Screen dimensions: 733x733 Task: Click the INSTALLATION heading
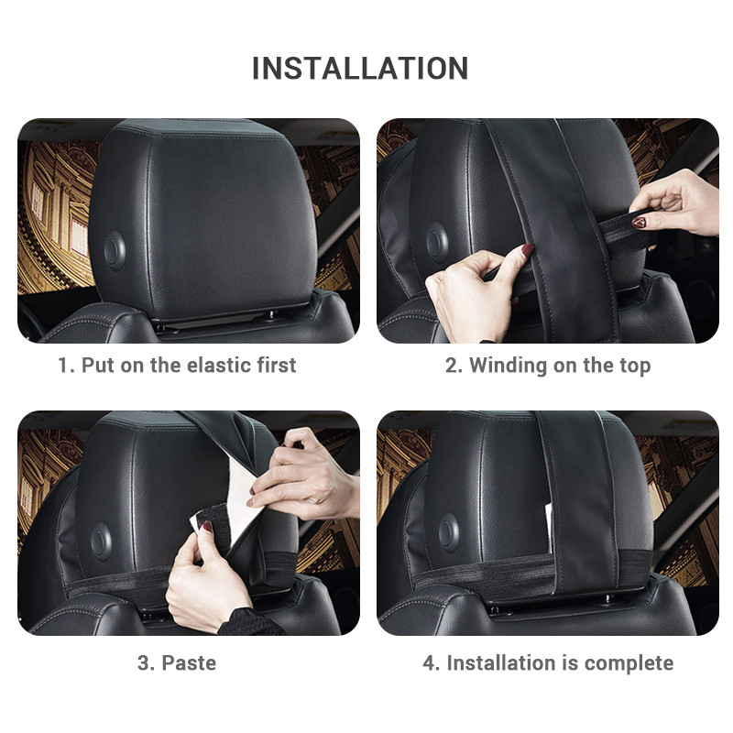click(x=359, y=68)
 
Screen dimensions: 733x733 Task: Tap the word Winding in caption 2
click(x=507, y=365)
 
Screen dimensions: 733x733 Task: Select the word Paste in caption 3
click(x=190, y=662)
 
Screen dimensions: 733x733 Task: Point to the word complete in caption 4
click(x=628, y=662)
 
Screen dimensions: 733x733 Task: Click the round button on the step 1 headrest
click(x=115, y=249)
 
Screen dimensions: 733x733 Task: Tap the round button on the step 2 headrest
click(x=437, y=241)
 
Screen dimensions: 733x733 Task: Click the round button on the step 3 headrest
click(x=100, y=541)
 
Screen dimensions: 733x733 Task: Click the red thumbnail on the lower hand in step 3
click(x=208, y=528)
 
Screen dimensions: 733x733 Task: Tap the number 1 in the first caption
click(x=64, y=365)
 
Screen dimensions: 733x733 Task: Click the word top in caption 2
click(x=633, y=365)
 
